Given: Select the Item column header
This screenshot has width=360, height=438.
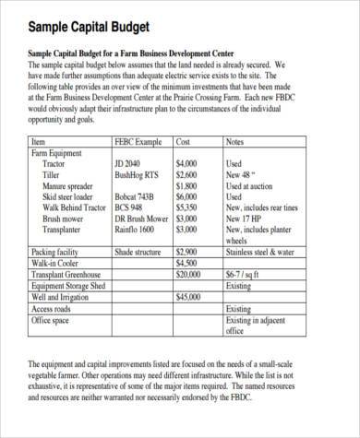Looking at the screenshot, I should click(38, 143).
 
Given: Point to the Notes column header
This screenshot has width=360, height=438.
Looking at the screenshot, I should click(236, 143).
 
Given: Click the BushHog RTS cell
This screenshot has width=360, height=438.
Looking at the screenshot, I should click(137, 173).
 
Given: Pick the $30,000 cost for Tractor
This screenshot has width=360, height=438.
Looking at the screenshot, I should click(187, 163).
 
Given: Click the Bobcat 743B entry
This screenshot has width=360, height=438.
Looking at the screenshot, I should click(138, 195).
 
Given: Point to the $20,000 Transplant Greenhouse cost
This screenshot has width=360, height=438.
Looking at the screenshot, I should click(187, 274).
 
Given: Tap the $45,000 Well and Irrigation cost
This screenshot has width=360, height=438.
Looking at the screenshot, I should click(187, 297).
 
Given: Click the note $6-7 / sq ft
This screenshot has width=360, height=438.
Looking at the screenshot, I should click(246, 274).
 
